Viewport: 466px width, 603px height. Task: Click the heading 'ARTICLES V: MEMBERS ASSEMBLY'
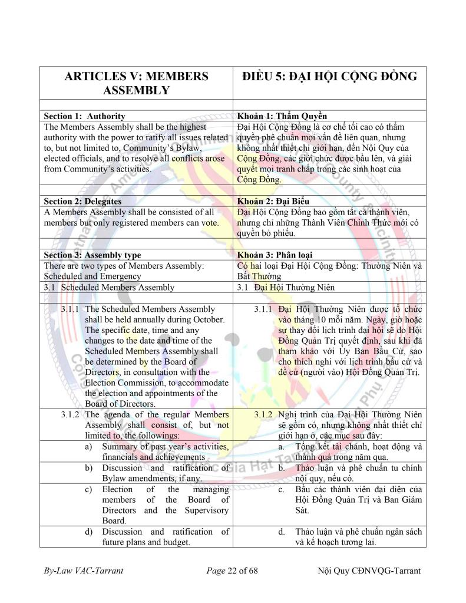136,83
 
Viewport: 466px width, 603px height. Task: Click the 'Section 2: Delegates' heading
83,202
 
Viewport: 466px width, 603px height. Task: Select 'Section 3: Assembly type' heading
92,255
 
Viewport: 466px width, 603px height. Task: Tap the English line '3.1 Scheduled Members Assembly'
109,287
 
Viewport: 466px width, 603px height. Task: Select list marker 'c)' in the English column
89,489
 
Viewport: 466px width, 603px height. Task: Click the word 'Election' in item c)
117,489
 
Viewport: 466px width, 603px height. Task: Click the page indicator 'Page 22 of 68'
232,572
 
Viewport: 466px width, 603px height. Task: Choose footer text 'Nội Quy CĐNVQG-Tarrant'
369,572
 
